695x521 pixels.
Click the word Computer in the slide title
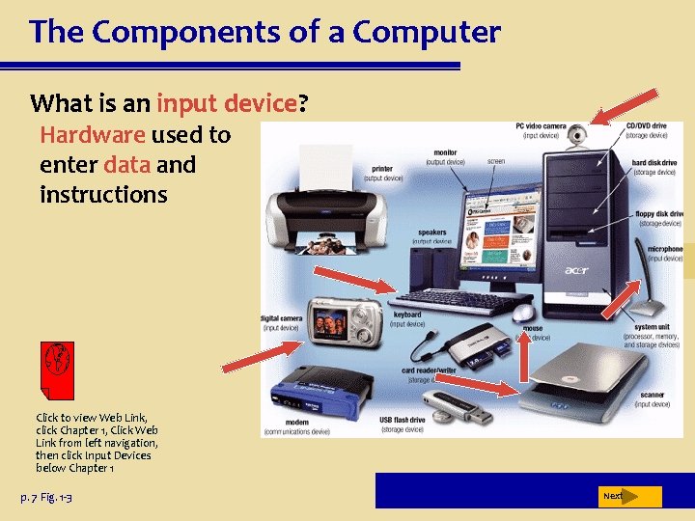point(427,33)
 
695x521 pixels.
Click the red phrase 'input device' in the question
point(227,102)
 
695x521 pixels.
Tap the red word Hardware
point(93,135)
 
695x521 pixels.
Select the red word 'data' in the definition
point(127,165)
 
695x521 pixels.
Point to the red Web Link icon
point(59,370)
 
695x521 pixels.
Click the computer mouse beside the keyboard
point(523,313)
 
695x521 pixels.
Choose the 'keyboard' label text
point(407,315)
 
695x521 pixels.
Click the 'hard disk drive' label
point(653,163)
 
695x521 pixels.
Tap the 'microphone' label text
point(665,249)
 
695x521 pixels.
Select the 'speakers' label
point(432,233)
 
